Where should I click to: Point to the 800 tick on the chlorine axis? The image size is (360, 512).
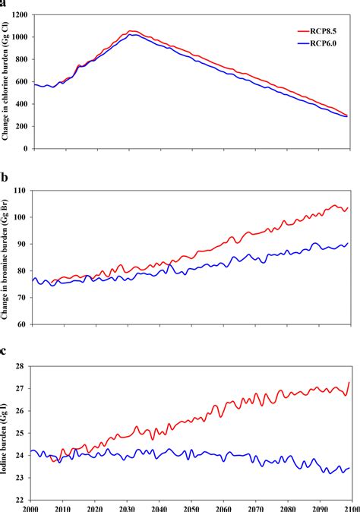(x=21, y=60)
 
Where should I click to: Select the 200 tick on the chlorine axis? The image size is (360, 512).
(x=21, y=127)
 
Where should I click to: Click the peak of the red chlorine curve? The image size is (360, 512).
(x=131, y=31)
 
